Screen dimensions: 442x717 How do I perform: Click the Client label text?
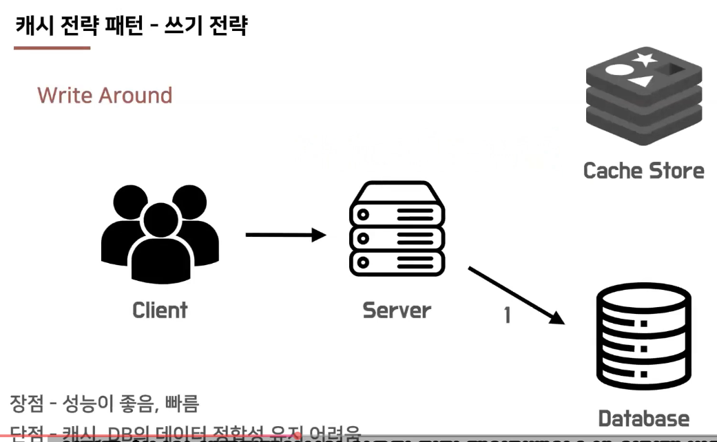point(160,310)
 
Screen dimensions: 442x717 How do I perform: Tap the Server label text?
point(396,310)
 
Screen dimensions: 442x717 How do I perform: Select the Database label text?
point(643,418)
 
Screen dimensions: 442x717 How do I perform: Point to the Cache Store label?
point(643,170)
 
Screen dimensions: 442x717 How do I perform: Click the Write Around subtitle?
point(105,95)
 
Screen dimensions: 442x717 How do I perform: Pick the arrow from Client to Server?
point(284,235)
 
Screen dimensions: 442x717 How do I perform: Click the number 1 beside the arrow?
point(507,315)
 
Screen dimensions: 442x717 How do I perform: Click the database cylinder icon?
point(643,338)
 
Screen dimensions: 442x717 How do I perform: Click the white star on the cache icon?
point(645,60)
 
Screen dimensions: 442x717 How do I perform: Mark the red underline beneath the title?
point(52,48)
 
